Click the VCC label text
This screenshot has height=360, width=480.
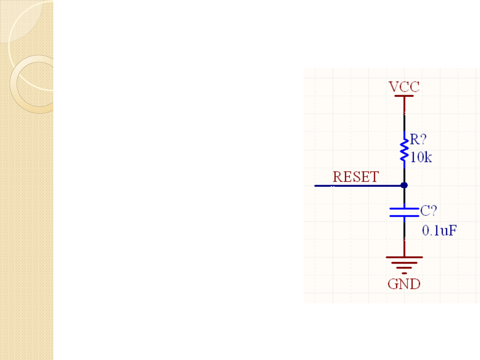pyautogui.click(x=404, y=87)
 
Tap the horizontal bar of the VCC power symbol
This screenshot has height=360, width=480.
pyautogui.click(x=404, y=96)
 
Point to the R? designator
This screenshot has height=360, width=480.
pyautogui.click(x=418, y=139)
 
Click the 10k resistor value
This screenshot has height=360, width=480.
pyautogui.click(x=421, y=157)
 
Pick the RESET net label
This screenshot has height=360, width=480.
pyautogui.click(x=356, y=177)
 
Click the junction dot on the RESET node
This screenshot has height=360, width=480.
pyautogui.click(x=404, y=185)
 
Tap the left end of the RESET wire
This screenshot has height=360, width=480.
pyautogui.click(x=316, y=186)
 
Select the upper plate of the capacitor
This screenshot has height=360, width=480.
pyautogui.click(x=404, y=209)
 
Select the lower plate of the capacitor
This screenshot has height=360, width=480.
pyautogui.click(x=404, y=216)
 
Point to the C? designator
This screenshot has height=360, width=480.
pyautogui.click(x=428, y=211)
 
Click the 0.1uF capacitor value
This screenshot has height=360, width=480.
pyautogui.click(x=439, y=230)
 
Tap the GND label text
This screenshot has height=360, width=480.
pyautogui.click(x=404, y=284)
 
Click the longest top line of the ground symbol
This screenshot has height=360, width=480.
pyautogui.click(x=404, y=257)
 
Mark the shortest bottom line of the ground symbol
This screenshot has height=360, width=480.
pyautogui.click(x=404, y=273)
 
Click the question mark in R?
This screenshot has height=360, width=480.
pyautogui.click(x=423, y=139)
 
